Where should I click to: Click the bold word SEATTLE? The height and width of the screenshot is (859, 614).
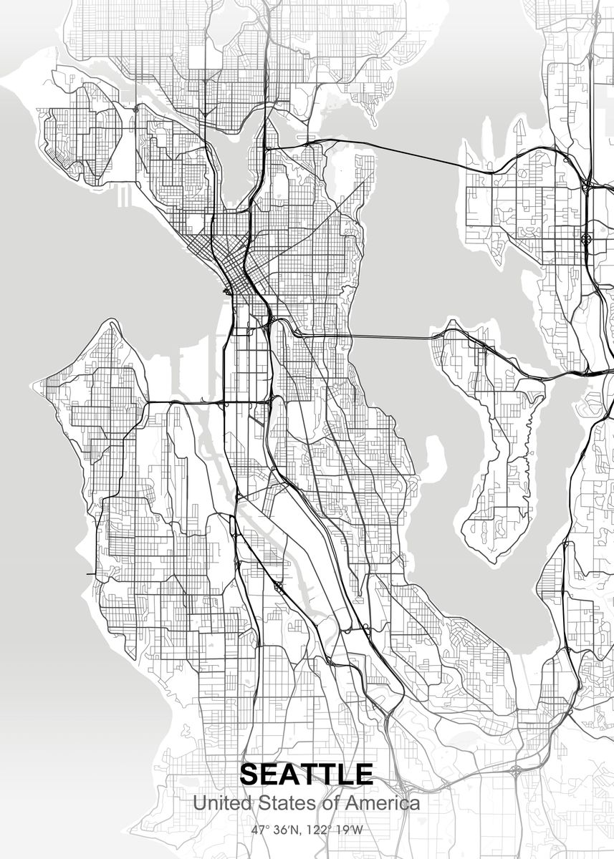pyautogui.click(x=307, y=775)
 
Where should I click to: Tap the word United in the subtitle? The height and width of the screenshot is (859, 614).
pyautogui.click(x=218, y=803)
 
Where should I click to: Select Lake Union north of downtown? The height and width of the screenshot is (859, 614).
pyautogui.click(x=236, y=168)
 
